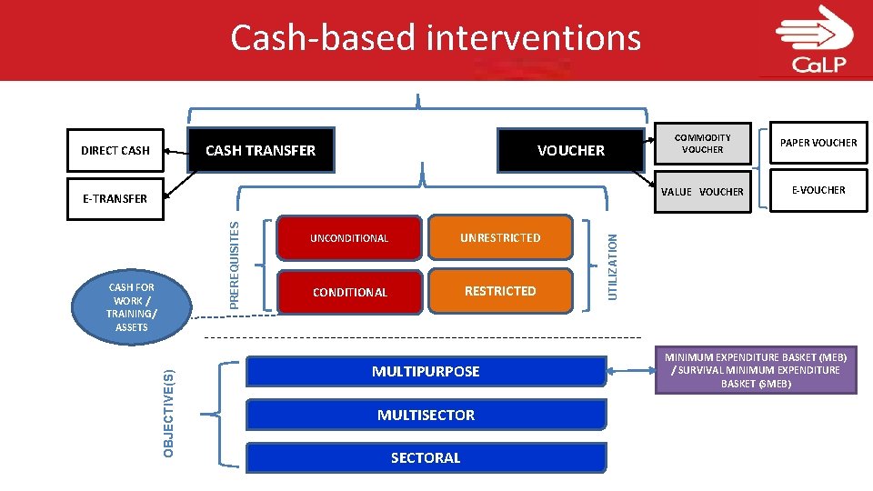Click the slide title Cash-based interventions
pos(436,38)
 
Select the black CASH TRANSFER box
pos(260,150)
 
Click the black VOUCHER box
pos(570,150)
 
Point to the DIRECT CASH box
pos(115,150)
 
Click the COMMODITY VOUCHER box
pos(702,144)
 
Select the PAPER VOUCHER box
pos(818,143)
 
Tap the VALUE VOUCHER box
pos(702,192)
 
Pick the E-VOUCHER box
pos(818,190)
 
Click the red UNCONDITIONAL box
pos(349,238)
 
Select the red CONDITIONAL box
pos(349,292)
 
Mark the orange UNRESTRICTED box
pos(500,238)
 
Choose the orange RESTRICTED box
pos(500,291)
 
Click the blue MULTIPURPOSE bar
pos(426,371)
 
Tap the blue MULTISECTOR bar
pos(426,415)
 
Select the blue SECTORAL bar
pos(426,457)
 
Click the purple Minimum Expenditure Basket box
pos(756,371)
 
